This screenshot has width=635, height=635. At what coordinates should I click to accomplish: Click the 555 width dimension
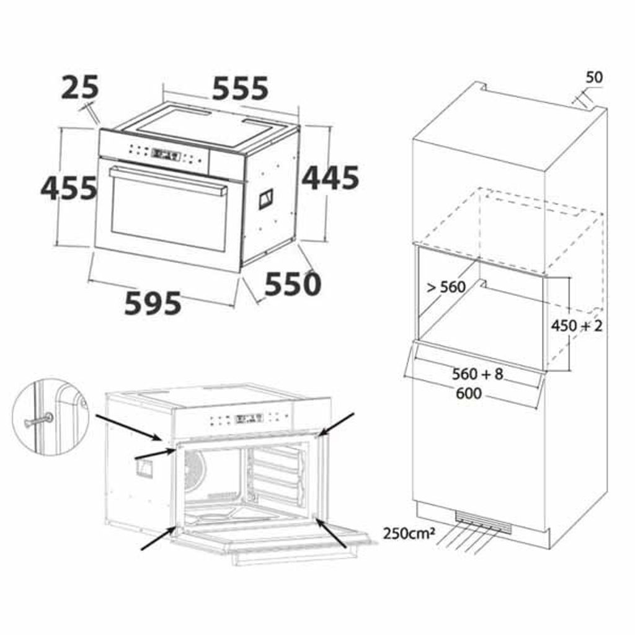(240, 88)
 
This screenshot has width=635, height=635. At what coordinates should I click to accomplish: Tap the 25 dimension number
(80, 87)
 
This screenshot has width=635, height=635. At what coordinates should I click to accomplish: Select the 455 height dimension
(69, 189)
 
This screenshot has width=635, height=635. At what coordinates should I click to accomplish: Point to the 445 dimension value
(331, 178)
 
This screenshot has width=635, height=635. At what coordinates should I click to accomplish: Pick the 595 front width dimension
(153, 303)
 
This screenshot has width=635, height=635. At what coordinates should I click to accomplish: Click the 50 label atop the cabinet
(594, 77)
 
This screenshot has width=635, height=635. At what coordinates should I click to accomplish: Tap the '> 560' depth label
(446, 287)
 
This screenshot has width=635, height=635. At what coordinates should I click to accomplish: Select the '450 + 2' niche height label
(577, 325)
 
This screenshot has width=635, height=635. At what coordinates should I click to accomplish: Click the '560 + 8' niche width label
(477, 374)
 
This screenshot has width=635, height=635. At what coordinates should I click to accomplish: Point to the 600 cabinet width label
(469, 393)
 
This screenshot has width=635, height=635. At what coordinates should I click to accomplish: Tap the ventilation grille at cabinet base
(483, 522)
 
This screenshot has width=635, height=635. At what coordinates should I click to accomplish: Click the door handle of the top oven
(169, 180)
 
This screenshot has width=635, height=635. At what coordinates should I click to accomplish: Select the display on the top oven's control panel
(166, 154)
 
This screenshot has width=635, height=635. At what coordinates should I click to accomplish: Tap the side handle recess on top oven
(266, 199)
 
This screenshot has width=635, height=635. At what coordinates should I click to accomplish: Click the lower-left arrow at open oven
(158, 538)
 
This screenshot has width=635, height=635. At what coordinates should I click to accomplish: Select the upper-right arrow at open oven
(336, 424)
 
